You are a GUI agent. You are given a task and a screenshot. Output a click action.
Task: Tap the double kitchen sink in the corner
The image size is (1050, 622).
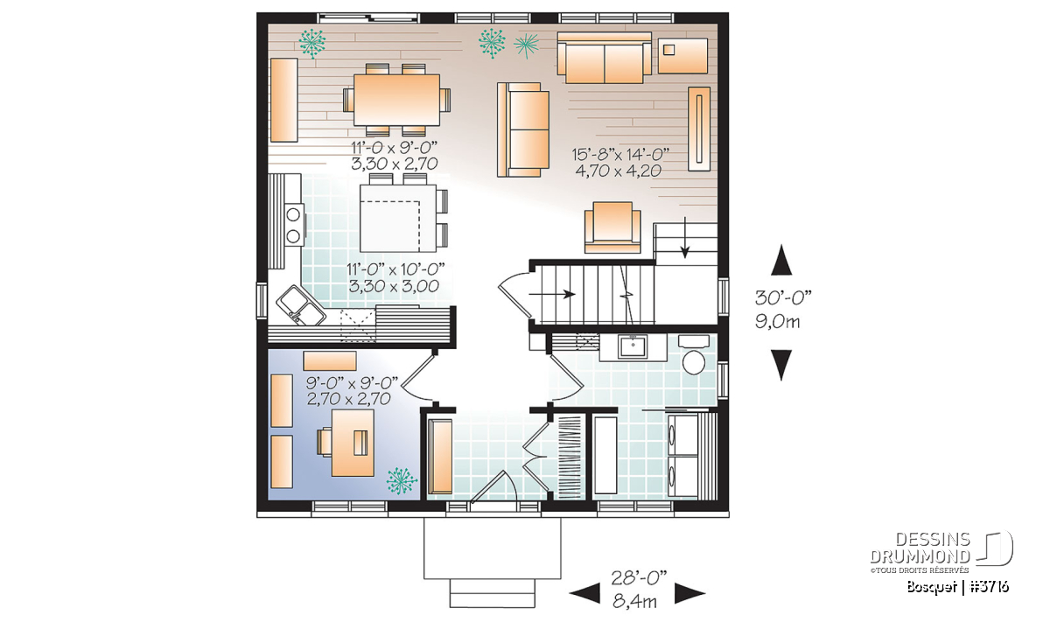pyautogui.click(x=300, y=305)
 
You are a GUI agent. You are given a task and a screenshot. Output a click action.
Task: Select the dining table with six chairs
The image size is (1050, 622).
pyautogui.click(x=396, y=100)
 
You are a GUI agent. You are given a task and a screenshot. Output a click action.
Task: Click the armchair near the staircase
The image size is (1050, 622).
pyautogui.click(x=612, y=227)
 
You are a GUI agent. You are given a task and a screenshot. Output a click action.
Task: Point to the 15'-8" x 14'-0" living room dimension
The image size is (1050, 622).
pyautogui.click(x=619, y=154)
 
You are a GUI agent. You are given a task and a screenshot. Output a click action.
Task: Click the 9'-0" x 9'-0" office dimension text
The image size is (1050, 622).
pyautogui.click(x=352, y=383)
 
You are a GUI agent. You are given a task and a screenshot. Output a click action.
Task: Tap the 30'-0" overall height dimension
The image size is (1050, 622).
pyautogui.click(x=783, y=297)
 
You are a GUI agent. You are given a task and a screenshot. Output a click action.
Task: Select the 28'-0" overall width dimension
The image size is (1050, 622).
pyautogui.click(x=639, y=578)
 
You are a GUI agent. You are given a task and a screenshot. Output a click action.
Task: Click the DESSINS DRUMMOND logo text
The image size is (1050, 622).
pyautogui.click(x=920, y=548)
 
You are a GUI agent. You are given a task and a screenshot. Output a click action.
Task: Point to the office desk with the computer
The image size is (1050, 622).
pyautogui.click(x=353, y=443)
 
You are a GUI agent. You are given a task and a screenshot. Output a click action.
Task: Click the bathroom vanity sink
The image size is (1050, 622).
pyautogui.click(x=633, y=346)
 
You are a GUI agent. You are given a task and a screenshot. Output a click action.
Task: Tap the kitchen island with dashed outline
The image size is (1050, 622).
pyautogui.click(x=398, y=218)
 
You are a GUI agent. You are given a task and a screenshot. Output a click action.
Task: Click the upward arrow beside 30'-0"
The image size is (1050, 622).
pyautogui.click(x=781, y=260)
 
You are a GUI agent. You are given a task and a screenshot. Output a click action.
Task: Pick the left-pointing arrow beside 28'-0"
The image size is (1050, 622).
pyautogui.click(x=584, y=593)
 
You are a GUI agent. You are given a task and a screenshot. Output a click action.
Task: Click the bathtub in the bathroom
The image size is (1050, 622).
pyautogui.click(x=605, y=454)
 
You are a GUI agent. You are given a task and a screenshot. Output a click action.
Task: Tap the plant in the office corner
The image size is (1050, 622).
pyautogui.click(x=402, y=481)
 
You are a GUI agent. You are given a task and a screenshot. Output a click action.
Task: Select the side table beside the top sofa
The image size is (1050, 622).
pyautogui.click(x=682, y=56)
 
